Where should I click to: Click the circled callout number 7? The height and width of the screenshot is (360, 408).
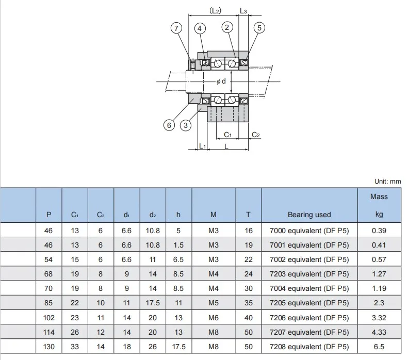coord(177,28)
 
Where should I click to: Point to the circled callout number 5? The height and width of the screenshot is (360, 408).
coord(259,28)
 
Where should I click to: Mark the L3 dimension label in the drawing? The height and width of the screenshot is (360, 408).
coord(243,10)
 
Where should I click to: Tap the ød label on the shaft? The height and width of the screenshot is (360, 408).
coord(221,81)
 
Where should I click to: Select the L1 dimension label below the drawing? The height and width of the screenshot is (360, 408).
coord(202,146)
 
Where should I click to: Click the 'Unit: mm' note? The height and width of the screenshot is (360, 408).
coord(387,181)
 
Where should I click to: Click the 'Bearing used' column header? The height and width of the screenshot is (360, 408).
coord(309,214)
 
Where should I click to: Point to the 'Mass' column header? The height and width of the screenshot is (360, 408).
coord(379,197)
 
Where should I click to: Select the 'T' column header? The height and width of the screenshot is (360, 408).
coord(249,214)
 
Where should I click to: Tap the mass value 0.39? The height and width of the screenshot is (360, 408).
coord(379,231)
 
